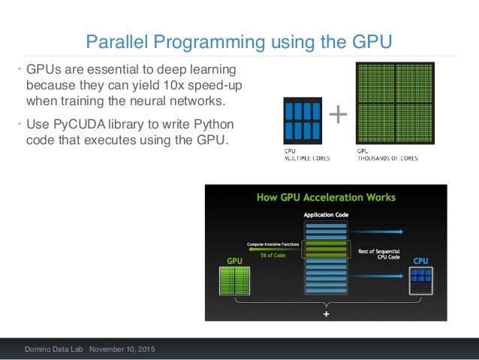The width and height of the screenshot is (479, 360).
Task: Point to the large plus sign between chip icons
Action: [x=339, y=115]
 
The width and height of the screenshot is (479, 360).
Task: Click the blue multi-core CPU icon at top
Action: [x=303, y=120]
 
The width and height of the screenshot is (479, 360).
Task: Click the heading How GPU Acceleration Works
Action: [x=326, y=198]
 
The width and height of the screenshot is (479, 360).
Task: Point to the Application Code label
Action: [x=325, y=215]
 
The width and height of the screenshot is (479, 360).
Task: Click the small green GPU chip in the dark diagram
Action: [x=235, y=280]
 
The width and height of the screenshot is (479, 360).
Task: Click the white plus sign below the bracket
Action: [x=326, y=315]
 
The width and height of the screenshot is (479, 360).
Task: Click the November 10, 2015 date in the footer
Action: [x=121, y=350]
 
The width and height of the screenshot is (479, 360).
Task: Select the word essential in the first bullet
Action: [x=96, y=70]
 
